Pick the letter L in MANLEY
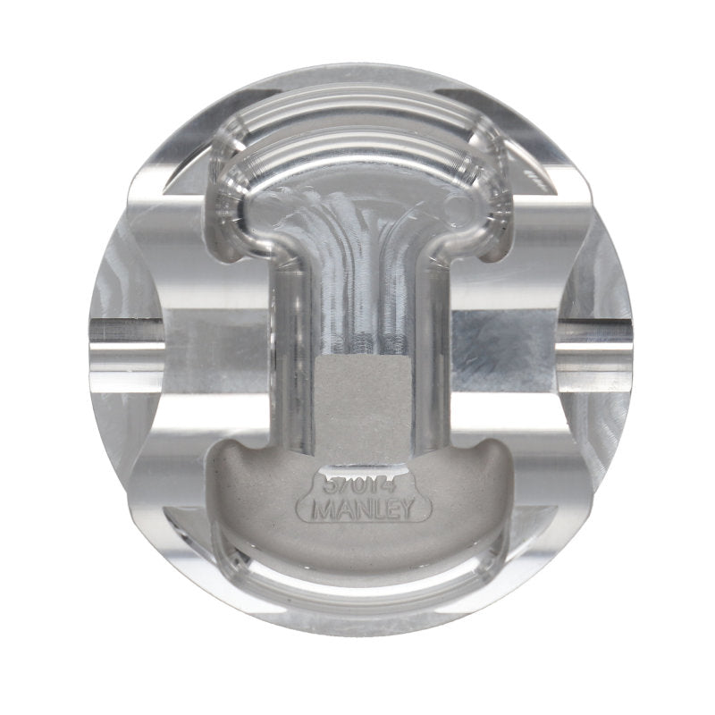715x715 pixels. coord(376,512)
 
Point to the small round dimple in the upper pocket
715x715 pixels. coord(457,209)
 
